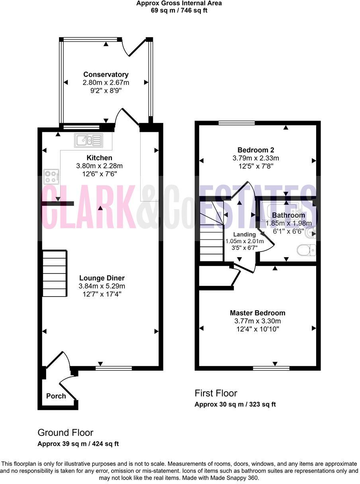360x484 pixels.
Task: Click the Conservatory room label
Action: (106, 74)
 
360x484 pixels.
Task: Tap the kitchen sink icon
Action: (88, 140)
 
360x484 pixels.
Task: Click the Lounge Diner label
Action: (102, 278)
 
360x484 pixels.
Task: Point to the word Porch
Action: (56, 396)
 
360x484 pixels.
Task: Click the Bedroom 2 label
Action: (256, 150)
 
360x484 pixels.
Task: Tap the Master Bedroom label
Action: (257, 313)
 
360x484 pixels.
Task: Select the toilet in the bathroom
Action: (306, 251)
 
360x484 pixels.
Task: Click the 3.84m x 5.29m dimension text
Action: (102, 286)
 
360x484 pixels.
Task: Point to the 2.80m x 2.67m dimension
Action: (106, 83)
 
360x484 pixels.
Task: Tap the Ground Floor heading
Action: (65, 433)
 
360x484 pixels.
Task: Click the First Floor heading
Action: (216, 393)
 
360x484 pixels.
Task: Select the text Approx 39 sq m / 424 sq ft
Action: (78, 444)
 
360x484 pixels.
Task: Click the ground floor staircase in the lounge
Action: (54, 274)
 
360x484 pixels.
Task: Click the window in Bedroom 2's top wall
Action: (237, 123)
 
